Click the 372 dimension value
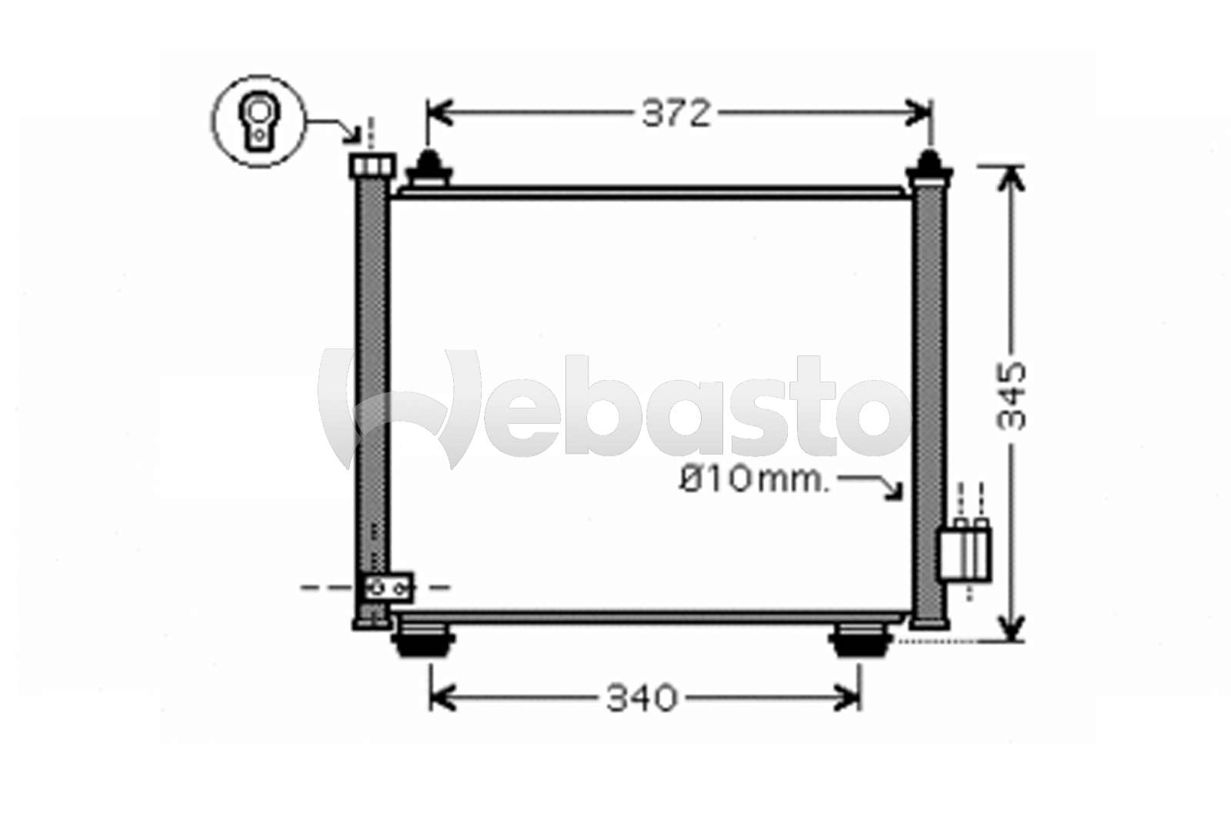pyautogui.click(x=676, y=114)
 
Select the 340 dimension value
pyautogui.click(x=642, y=698)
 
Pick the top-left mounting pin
pyautogui.click(x=429, y=168)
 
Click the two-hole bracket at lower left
pyautogui.click(x=389, y=588)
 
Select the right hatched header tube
pyautogui.click(x=929, y=400)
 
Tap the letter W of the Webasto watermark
pyautogui.click(x=400, y=408)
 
